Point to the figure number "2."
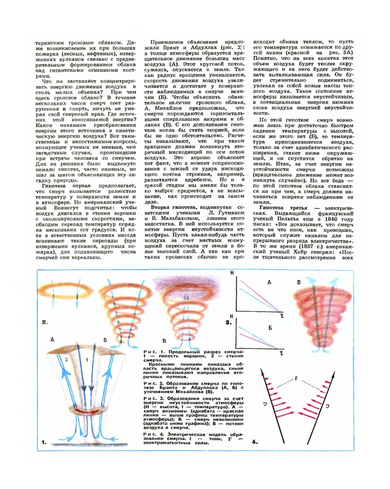point(45,322)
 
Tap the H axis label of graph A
point(233,273)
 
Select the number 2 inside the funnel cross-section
point(66,360)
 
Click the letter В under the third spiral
point(164,340)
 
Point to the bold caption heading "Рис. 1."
point(152,351)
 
